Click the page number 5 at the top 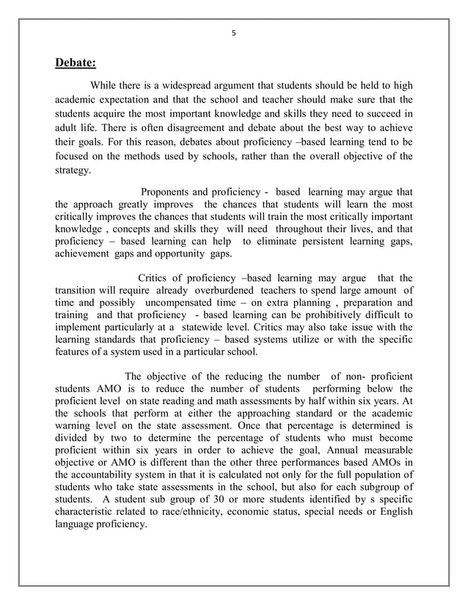(x=234, y=33)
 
